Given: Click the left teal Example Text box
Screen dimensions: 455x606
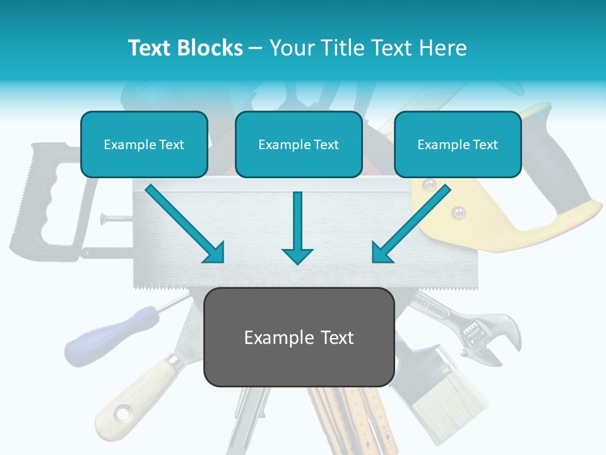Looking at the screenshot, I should [144, 145].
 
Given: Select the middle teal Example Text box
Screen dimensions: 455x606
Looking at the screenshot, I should [299, 145].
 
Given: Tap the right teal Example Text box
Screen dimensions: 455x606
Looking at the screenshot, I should [458, 145].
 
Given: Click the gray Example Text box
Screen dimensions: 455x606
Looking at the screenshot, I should [299, 337].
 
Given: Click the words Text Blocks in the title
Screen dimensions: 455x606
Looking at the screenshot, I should [185, 48].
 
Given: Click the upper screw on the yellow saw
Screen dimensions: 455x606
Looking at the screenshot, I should [430, 185].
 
